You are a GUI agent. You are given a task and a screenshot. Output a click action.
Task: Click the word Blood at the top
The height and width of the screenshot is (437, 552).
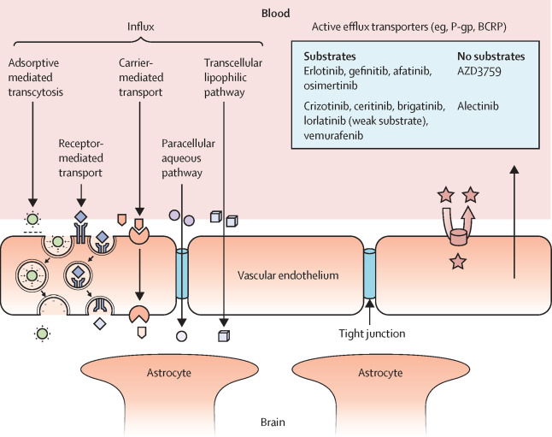275,14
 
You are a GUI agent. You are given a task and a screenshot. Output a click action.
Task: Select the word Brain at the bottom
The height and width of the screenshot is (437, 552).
275,422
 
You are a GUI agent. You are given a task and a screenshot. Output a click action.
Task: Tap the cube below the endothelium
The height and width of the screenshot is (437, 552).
224,334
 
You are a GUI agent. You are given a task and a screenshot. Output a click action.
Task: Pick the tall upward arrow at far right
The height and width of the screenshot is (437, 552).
514,222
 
